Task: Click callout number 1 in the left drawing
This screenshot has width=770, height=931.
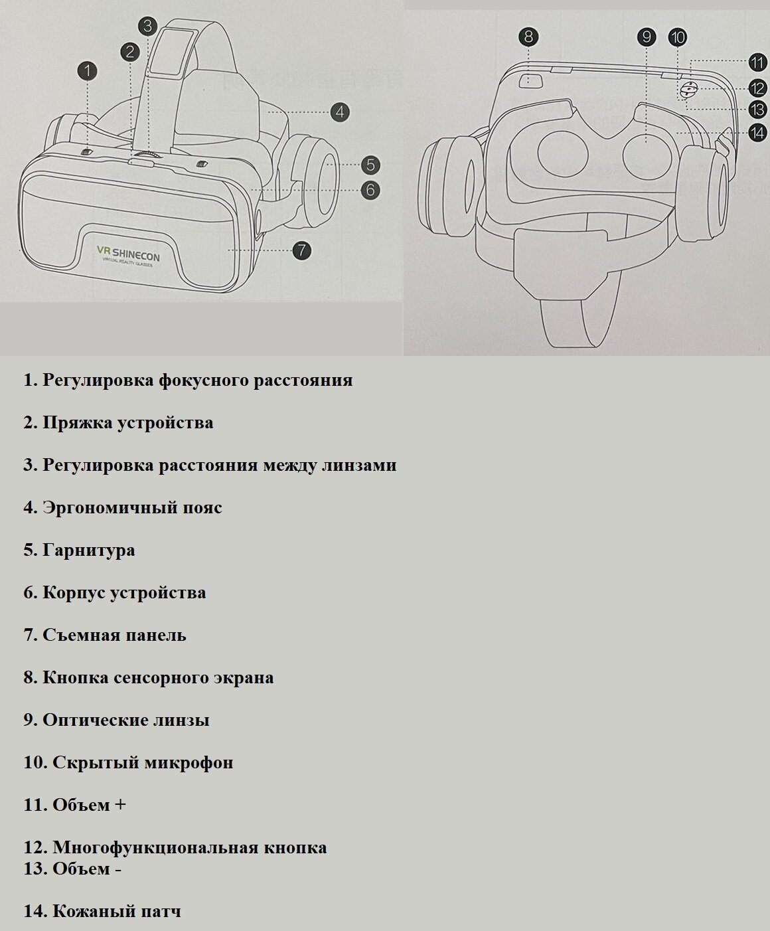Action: (88, 71)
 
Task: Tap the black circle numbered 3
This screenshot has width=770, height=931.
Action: (147, 26)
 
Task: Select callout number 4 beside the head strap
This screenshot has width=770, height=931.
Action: (339, 112)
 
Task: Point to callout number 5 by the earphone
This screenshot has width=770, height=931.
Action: (370, 165)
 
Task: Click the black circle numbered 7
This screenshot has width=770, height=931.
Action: (301, 250)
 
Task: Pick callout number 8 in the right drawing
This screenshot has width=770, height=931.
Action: (528, 37)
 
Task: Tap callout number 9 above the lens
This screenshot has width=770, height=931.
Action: (647, 37)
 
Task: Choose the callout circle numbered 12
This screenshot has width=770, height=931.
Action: (757, 87)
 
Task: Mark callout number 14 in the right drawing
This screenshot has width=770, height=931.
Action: (757, 133)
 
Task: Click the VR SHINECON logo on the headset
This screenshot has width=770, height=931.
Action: (128, 254)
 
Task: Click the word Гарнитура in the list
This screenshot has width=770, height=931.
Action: (88, 550)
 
